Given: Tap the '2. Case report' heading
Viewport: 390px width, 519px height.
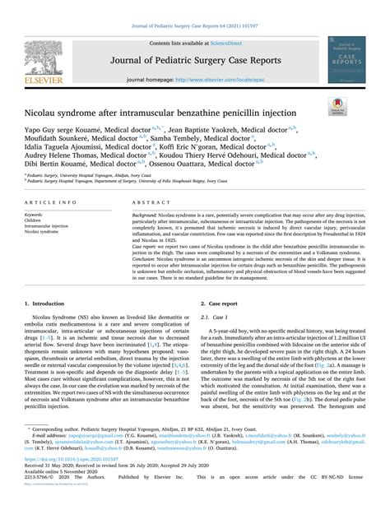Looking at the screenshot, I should coord(218,304).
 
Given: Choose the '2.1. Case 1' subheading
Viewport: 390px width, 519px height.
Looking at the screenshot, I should coord(218,317).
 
